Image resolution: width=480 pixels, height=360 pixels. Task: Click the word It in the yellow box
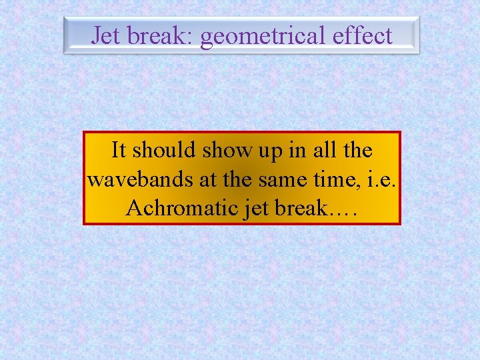[x=118, y=150]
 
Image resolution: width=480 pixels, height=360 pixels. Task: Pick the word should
[x=164, y=150]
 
